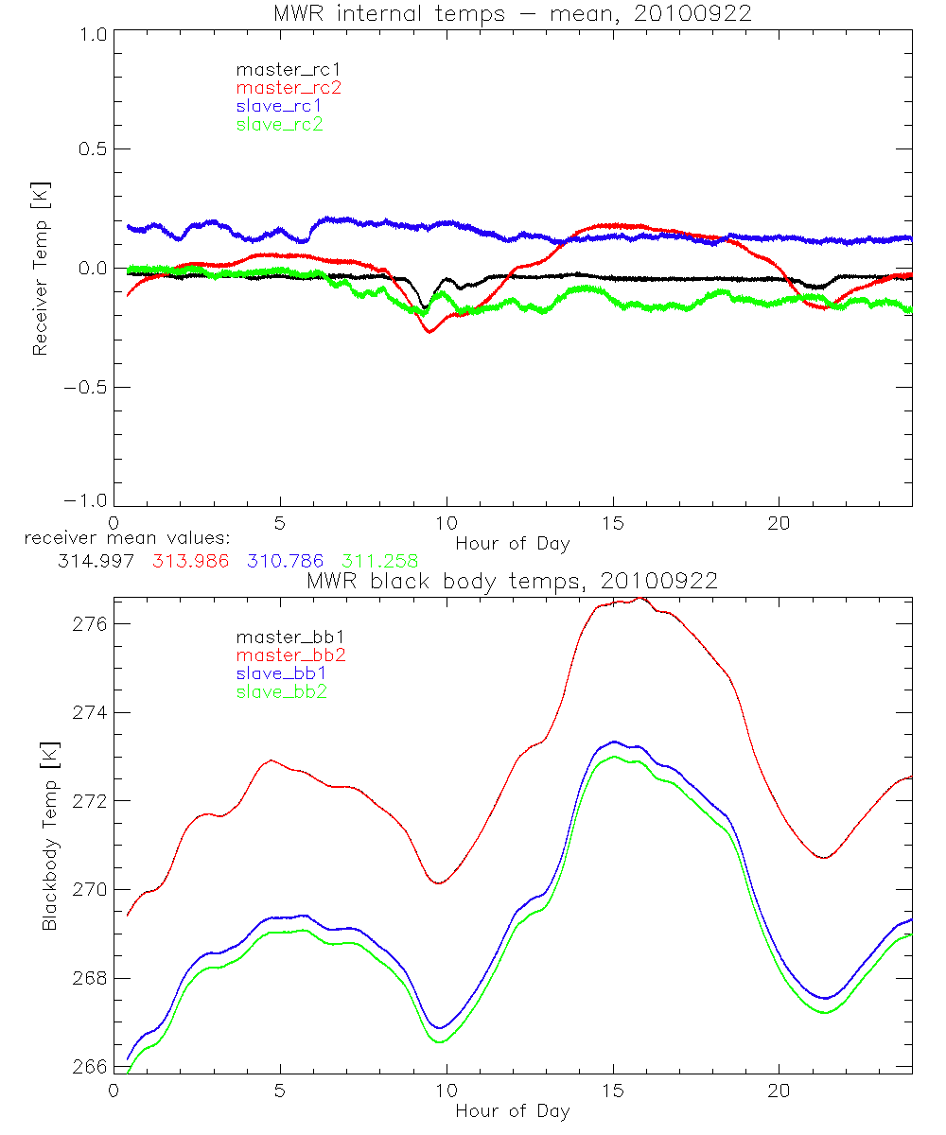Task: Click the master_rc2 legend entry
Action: pos(289,88)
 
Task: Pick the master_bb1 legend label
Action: pos(289,637)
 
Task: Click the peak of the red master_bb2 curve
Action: pos(639,598)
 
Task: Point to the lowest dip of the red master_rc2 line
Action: pos(429,331)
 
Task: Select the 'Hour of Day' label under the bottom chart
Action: pos(512,1111)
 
